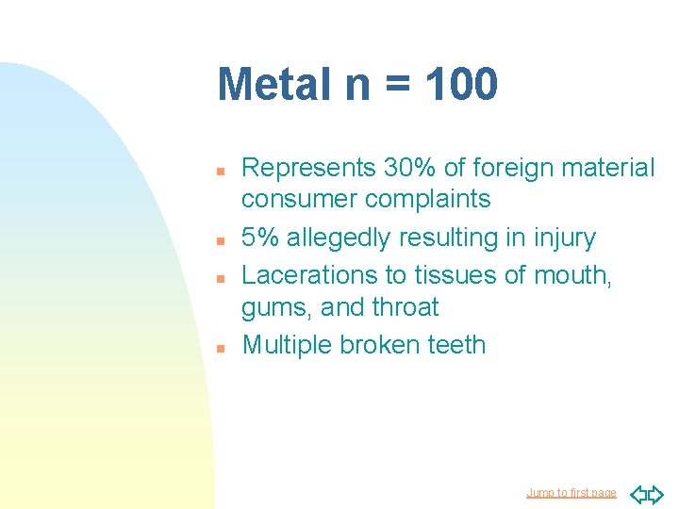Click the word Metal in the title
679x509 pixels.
(273, 84)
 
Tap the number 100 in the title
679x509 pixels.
(460, 84)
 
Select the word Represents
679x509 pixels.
(308, 168)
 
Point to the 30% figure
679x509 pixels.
(409, 168)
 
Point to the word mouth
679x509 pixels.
(572, 275)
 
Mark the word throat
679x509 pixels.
(405, 307)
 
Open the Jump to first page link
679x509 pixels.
(571, 492)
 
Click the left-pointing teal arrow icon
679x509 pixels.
(637, 492)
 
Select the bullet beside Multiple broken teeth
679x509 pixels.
(219, 347)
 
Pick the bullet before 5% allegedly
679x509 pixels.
(219, 239)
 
